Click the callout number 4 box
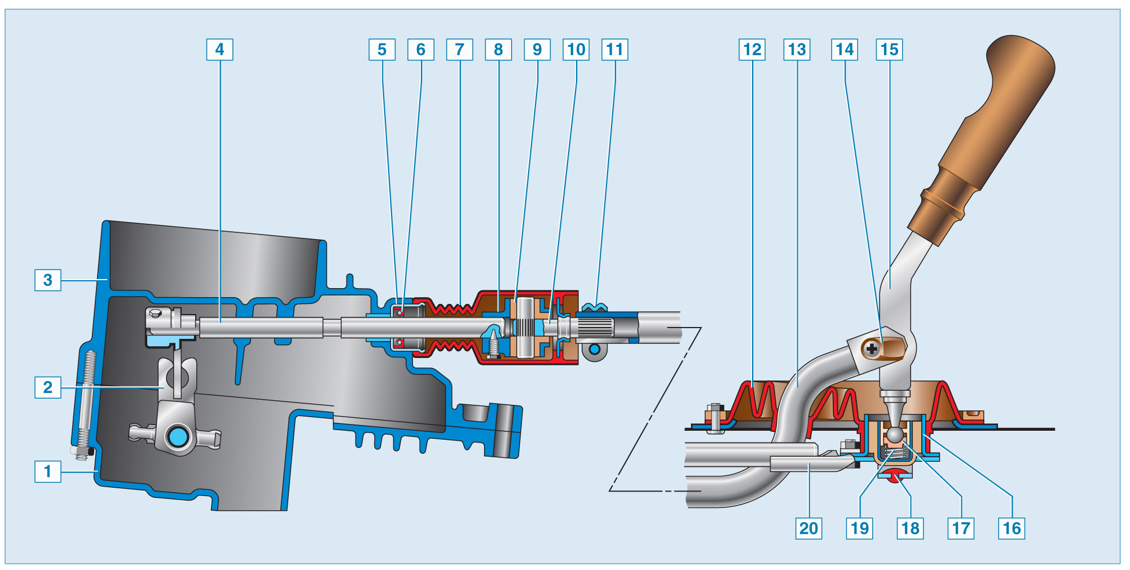point(219,50)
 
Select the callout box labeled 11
point(615,50)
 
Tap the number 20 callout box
point(808,528)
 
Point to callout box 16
point(1012,528)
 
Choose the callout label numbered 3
point(48,280)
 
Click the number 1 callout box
point(48,471)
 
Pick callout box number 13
point(797,50)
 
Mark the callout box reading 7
point(459,50)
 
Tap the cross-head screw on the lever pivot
point(872,349)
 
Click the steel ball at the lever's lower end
point(895,435)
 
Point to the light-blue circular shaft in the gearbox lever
point(179,437)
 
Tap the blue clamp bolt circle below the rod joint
point(595,350)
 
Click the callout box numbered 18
point(910,528)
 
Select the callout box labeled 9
point(537,50)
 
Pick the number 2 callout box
point(48,387)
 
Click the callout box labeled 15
point(889,50)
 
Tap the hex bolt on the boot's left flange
point(715,414)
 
